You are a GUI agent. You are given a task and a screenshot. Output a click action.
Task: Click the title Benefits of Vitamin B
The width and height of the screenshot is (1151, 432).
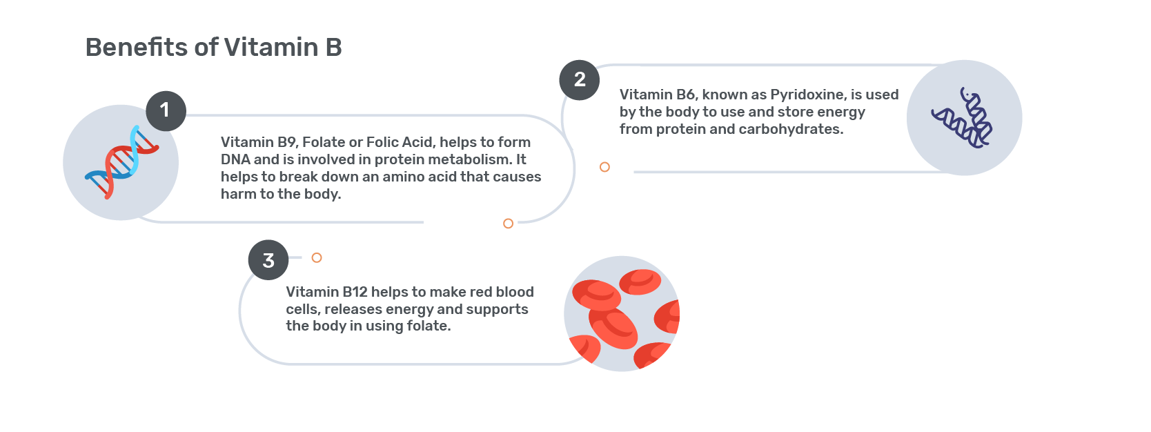pos(213,47)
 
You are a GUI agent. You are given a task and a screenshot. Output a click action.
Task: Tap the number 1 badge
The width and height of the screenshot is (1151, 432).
pos(166,111)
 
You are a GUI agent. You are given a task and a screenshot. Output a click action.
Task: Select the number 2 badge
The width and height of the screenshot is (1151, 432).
pos(580,79)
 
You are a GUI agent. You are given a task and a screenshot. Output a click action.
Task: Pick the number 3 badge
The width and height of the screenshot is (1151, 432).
pos(268,260)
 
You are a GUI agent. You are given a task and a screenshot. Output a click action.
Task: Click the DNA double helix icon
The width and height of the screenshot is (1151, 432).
pos(121,162)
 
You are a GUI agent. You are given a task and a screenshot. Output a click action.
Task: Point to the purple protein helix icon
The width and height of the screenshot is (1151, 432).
pos(963,117)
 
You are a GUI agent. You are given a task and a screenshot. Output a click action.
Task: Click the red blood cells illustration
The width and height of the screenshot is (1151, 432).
pos(622,314)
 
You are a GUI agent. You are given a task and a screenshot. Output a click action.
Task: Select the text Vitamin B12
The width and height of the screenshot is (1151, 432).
pos(326,292)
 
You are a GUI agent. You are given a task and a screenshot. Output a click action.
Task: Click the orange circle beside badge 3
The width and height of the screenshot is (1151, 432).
pos(317,258)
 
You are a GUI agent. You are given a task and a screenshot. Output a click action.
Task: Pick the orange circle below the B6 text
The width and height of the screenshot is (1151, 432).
pos(604,167)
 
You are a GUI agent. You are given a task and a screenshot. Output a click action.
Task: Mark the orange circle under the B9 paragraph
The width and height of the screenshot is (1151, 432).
pos(508,224)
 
